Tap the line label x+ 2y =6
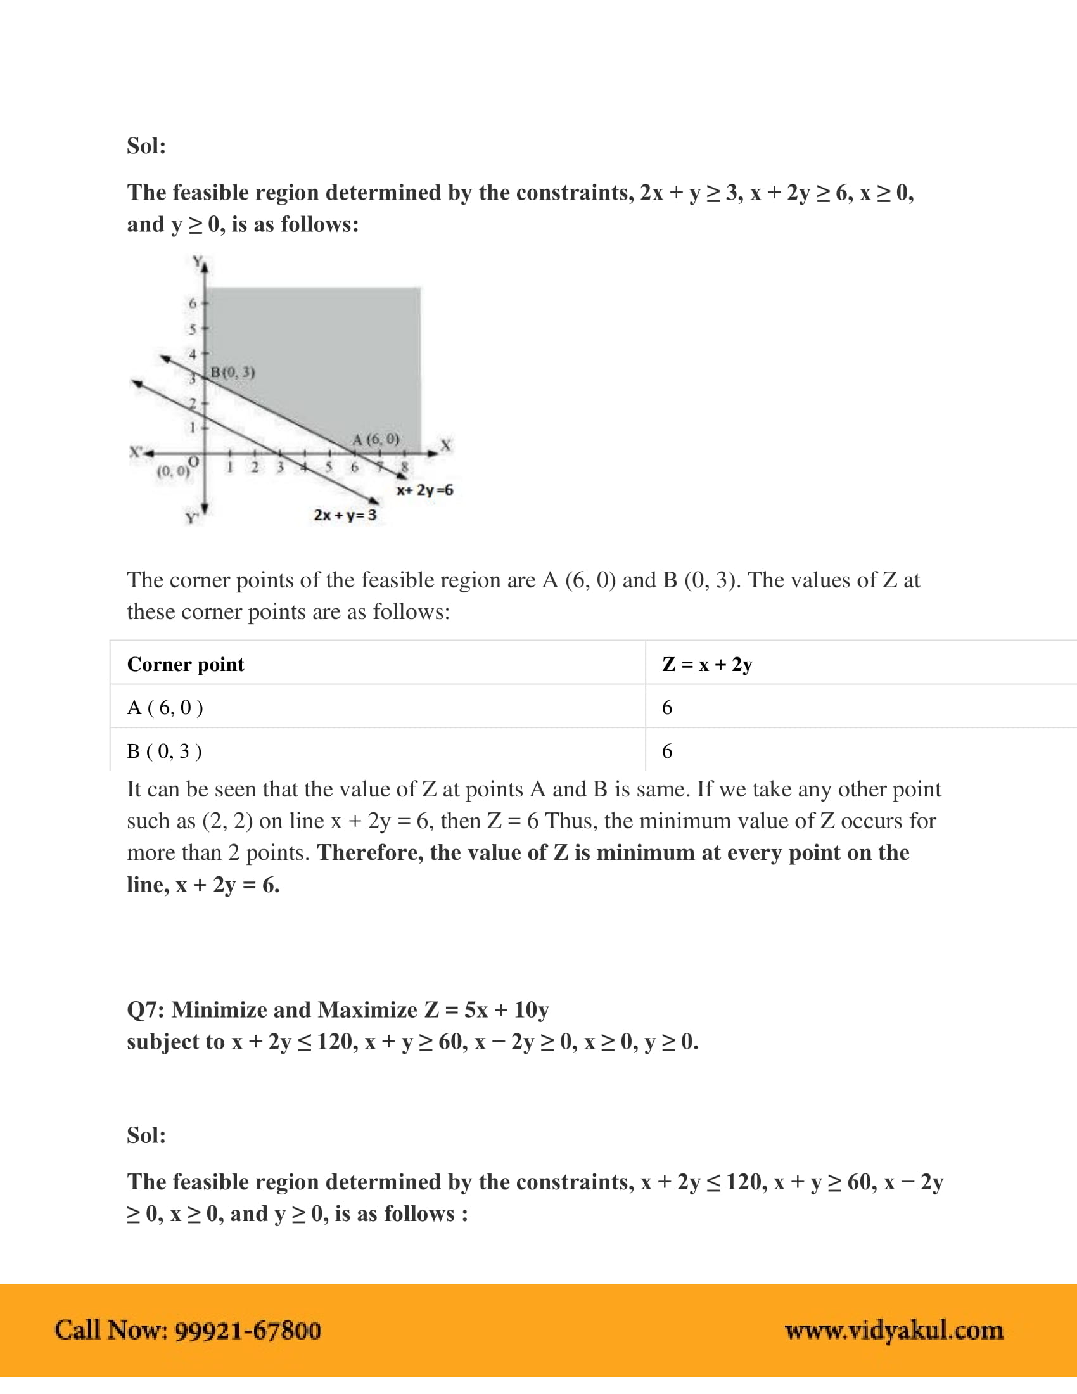(424, 490)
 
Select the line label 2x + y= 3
(345, 515)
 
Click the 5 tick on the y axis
(192, 329)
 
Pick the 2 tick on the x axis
(255, 467)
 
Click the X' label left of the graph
(136, 452)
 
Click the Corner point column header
(185, 665)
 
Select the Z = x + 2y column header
(707, 665)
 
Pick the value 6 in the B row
(666, 751)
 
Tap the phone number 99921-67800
(248, 1330)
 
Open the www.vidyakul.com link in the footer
(893, 1330)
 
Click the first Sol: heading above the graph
(146, 146)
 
